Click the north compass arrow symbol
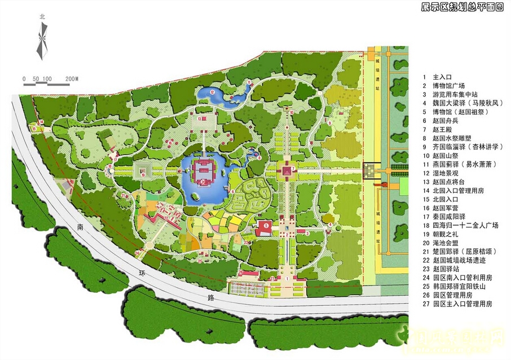coord(41,39)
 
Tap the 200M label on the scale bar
coord(72,78)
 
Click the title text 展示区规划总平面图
coord(462,7)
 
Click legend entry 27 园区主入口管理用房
coord(462,304)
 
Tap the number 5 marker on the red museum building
coord(266,229)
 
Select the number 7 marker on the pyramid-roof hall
coord(293,168)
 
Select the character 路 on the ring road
coord(195,296)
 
